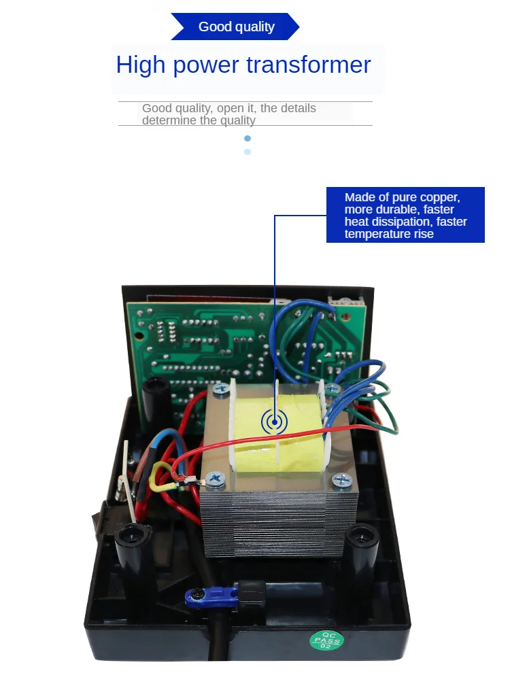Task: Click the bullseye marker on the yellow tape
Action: coord(274,422)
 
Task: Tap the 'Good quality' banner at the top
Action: coord(236,27)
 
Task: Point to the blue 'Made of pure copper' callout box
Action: coord(405,215)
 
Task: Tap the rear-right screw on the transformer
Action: coord(333,388)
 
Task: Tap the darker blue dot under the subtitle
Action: coord(248,138)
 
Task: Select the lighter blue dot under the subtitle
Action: coord(248,152)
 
